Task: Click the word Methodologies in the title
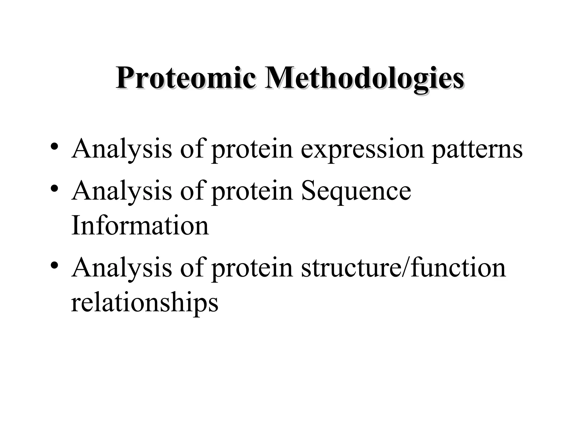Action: [x=364, y=78]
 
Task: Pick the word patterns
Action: [x=477, y=150]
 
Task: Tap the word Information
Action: [x=140, y=225]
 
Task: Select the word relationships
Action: [x=144, y=303]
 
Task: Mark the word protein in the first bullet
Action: [x=252, y=150]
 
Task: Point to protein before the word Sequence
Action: [x=252, y=191]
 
